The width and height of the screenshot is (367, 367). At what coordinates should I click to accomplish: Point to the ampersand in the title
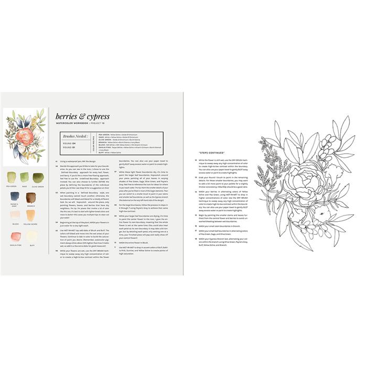click(x=82, y=116)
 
